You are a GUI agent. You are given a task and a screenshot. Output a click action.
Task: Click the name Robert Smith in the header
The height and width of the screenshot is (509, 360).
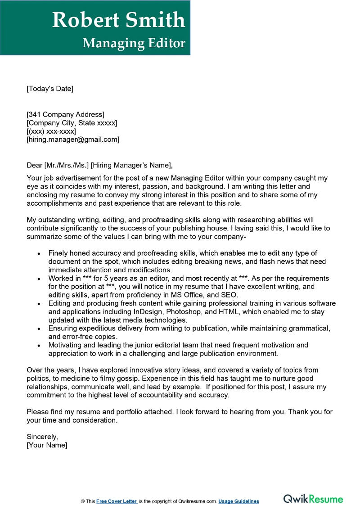118,20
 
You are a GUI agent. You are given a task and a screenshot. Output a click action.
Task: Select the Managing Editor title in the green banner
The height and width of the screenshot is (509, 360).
134,43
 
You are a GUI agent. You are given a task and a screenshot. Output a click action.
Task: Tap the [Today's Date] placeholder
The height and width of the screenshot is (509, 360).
49,89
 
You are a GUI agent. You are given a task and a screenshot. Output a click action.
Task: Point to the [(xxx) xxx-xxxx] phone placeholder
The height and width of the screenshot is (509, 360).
51,131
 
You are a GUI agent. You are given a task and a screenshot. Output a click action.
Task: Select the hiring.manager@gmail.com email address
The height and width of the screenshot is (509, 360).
73,140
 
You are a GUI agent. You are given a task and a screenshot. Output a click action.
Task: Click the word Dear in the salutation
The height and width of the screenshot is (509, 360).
34,165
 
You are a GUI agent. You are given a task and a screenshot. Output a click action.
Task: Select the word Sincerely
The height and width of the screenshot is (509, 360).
42,437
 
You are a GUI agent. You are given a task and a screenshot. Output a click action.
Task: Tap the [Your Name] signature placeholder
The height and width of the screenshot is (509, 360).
47,445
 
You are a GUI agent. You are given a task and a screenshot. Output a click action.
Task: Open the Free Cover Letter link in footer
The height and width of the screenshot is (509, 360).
117,501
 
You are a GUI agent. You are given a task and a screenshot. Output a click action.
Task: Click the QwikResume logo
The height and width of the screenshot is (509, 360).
313,499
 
